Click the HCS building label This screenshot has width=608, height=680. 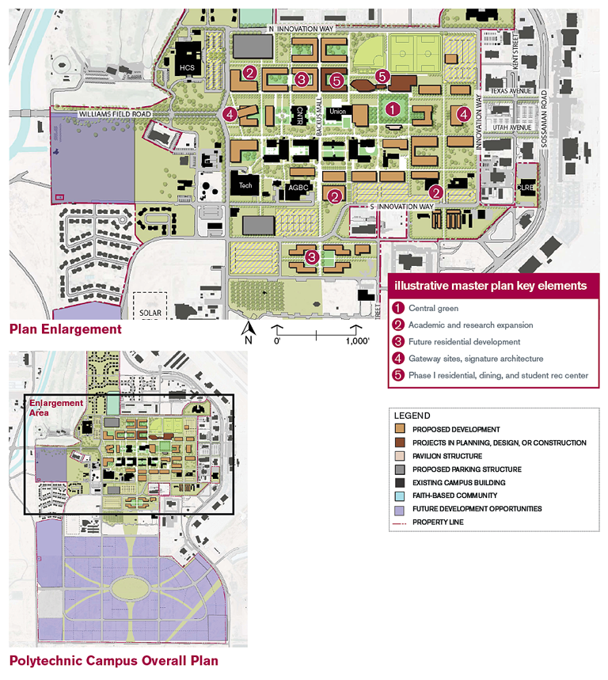[x=187, y=69]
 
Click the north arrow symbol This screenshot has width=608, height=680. [x=249, y=329]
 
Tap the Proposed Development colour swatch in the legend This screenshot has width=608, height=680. [x=401, y=429]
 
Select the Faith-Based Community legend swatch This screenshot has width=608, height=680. [x=401, y=496]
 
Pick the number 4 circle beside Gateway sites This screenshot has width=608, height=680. [x=399, y=359]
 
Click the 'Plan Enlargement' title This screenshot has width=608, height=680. [x=66, y=329]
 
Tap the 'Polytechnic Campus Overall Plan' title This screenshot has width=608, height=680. [x=113, y=661]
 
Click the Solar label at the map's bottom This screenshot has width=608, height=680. [x=151, y=313]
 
